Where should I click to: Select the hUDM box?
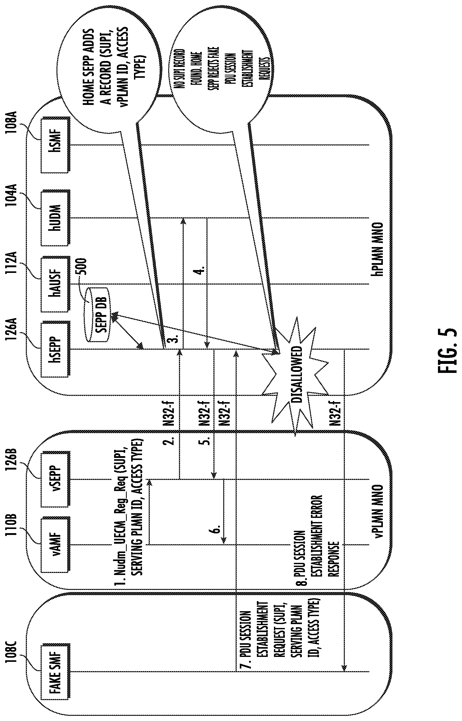pyautogui.click(x=56, y=217)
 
